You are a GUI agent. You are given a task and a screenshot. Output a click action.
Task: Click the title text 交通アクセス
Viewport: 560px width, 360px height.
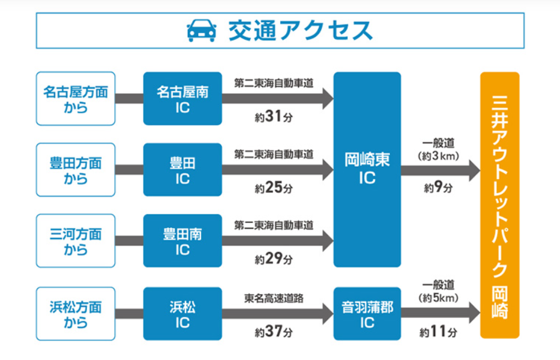coord(300,30)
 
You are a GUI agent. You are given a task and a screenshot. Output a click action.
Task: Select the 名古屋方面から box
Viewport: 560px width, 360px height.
coord(75,99)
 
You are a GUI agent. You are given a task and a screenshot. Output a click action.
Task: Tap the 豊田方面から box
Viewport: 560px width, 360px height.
coord(75,170)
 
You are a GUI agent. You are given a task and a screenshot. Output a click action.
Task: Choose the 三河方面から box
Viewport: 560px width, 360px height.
coord(75,241)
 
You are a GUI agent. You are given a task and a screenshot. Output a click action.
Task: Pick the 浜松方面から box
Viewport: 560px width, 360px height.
coord(75,314)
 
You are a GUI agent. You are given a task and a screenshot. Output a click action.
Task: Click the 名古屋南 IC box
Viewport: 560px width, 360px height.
coord(183,99)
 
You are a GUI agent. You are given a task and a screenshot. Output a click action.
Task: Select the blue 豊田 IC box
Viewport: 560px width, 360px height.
coord(183,170)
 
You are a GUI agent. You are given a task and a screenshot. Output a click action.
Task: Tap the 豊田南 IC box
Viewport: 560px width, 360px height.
coord(183,241)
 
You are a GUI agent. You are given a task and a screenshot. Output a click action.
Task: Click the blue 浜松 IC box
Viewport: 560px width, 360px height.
coord(183,314)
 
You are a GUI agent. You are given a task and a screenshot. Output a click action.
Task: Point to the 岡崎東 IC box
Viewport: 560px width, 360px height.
coord(367,170)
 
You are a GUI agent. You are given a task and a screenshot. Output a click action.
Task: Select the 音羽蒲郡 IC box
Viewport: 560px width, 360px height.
coord(367,314)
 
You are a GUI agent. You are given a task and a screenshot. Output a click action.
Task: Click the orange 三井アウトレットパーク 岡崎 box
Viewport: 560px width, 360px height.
coord(500,205)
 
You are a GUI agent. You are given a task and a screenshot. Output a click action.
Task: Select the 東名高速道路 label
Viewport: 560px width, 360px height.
coord(274,298)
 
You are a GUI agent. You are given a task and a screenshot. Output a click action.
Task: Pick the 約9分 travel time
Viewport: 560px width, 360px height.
coord(439,188)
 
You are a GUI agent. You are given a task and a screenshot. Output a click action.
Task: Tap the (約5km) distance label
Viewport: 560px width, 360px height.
coord(439,297)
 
